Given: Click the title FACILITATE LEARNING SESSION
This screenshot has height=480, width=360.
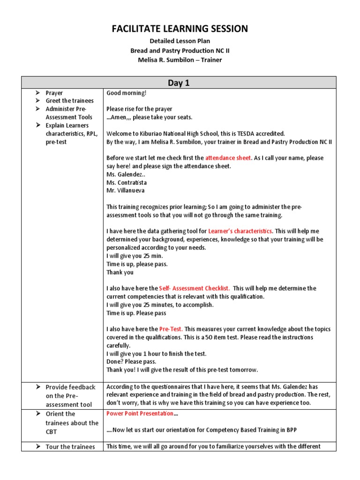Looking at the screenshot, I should click(180, 29).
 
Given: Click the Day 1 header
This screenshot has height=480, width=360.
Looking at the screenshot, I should click(179, 83).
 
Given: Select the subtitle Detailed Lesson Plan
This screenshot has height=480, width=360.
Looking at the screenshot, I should click(180, 41).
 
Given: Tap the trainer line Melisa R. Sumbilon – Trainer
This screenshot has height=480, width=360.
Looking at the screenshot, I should click(180, 60).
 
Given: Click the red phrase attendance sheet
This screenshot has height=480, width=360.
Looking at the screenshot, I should click(228, 158).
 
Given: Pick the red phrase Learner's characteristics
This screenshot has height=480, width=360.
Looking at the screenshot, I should click(240, 231).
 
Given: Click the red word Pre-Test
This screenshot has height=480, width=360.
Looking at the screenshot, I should click(171, 329).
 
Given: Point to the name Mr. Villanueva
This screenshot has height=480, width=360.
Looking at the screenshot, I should click(125, 191).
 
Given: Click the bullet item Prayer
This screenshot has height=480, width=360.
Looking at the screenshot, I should click(54, 93).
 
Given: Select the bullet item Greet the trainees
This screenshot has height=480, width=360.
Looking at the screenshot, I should click(69, 101).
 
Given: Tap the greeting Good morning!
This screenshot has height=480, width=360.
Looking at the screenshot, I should click(126, 93).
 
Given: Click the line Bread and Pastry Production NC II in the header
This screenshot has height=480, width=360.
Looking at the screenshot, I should click(180, 50).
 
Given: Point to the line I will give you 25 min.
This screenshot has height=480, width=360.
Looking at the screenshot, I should click(135, 256).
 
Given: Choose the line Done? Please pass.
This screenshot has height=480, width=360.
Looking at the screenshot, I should click(131, 361).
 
